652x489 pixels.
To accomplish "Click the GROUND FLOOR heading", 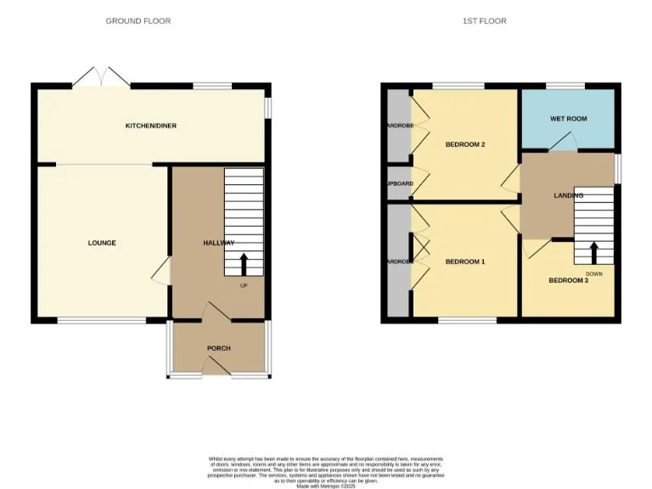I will point(138,21).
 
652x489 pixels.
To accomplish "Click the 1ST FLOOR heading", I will point(485,21).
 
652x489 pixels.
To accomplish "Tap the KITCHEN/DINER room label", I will point(151,126).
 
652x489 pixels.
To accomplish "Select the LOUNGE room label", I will point(102,243).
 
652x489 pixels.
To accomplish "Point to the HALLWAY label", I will point(218,243).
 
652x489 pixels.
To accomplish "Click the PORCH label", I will point(218,348).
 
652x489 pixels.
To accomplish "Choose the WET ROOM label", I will point(568,119).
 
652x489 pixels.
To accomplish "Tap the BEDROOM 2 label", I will point(465,144).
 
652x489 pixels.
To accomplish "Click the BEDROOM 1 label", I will point(465,261).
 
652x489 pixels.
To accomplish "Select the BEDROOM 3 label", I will point(568,280).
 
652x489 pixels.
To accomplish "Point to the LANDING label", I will point(568,195).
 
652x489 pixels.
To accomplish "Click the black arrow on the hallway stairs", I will point(244,262).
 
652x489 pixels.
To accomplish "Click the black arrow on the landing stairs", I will point(593,251).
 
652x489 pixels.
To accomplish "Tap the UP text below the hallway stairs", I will point(244,285).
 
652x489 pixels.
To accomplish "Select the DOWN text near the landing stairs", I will point(594,273).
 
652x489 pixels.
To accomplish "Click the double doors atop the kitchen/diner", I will point(101,77).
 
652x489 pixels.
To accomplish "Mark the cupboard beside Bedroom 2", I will point(397,183).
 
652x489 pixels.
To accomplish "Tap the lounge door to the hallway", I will point(161,273).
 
